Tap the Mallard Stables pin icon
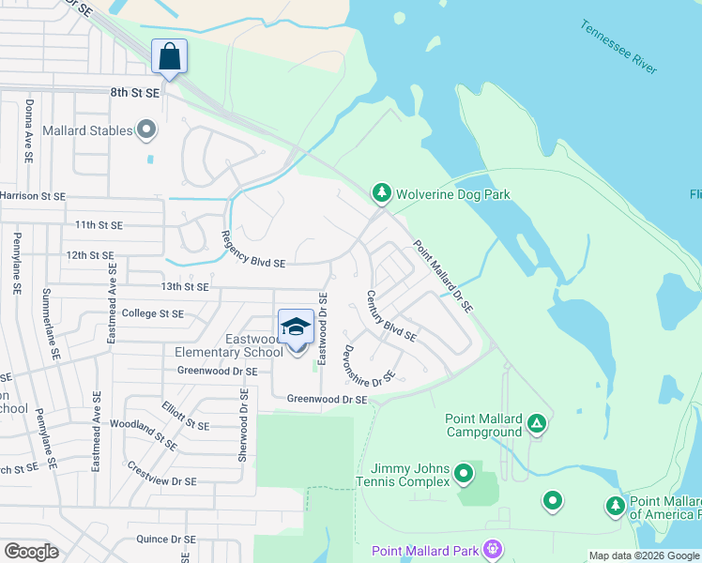[x=145, y=130]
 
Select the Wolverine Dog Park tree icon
[x=381, y=194]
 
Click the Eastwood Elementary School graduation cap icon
[x=296, y=327]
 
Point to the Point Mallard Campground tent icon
[x=536, y=423]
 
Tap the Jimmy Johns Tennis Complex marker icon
[x=464, y=474]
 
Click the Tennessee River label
[x=618, y=46]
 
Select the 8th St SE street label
[x=135, y=93]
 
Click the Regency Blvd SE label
[x=253, y=251]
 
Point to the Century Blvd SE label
[x=391, y=314]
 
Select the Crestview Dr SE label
[x=161, y=474]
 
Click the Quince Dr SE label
[x=165, y=539]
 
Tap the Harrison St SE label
[x=33, y=196]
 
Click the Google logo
[x=31, y=552]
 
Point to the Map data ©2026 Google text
[x=643, y=555]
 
